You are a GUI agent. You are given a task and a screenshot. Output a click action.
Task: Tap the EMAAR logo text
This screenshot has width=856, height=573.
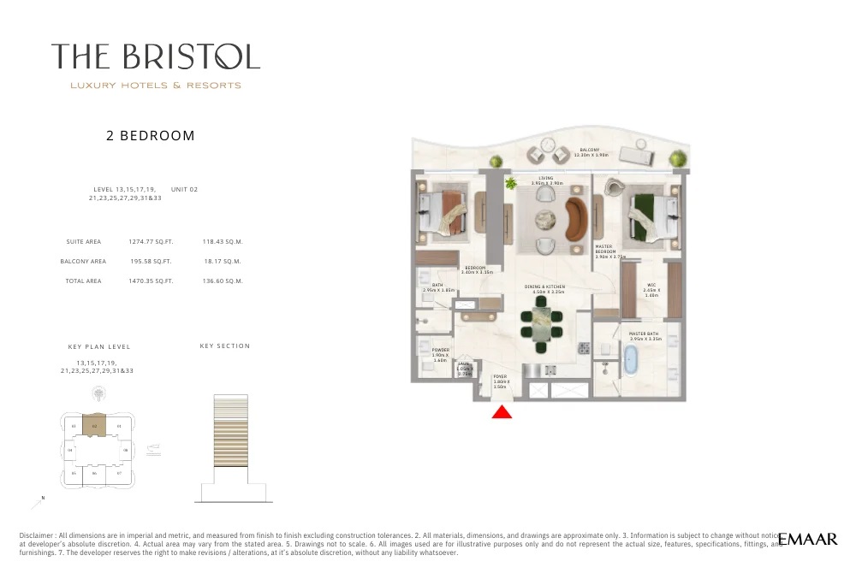pos(808,539)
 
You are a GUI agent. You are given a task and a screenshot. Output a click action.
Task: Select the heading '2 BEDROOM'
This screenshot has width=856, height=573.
pos(151,135)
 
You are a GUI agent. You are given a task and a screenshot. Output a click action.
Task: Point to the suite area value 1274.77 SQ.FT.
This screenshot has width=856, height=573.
pos(150,242)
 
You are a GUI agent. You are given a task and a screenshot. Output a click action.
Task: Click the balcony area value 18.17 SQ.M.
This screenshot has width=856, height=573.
pos(222,262)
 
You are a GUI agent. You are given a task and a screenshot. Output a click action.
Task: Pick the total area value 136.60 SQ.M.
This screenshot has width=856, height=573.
pos(222,281)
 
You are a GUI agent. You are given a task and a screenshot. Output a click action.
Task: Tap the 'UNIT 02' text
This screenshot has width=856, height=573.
pos(184,189)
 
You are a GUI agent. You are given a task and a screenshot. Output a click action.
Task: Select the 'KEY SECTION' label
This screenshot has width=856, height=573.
pos(225,346)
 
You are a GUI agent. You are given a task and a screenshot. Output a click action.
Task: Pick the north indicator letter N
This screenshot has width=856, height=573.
pos(43,499)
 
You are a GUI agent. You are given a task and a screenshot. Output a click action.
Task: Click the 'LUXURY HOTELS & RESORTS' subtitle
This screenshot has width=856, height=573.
pos(155,86)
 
